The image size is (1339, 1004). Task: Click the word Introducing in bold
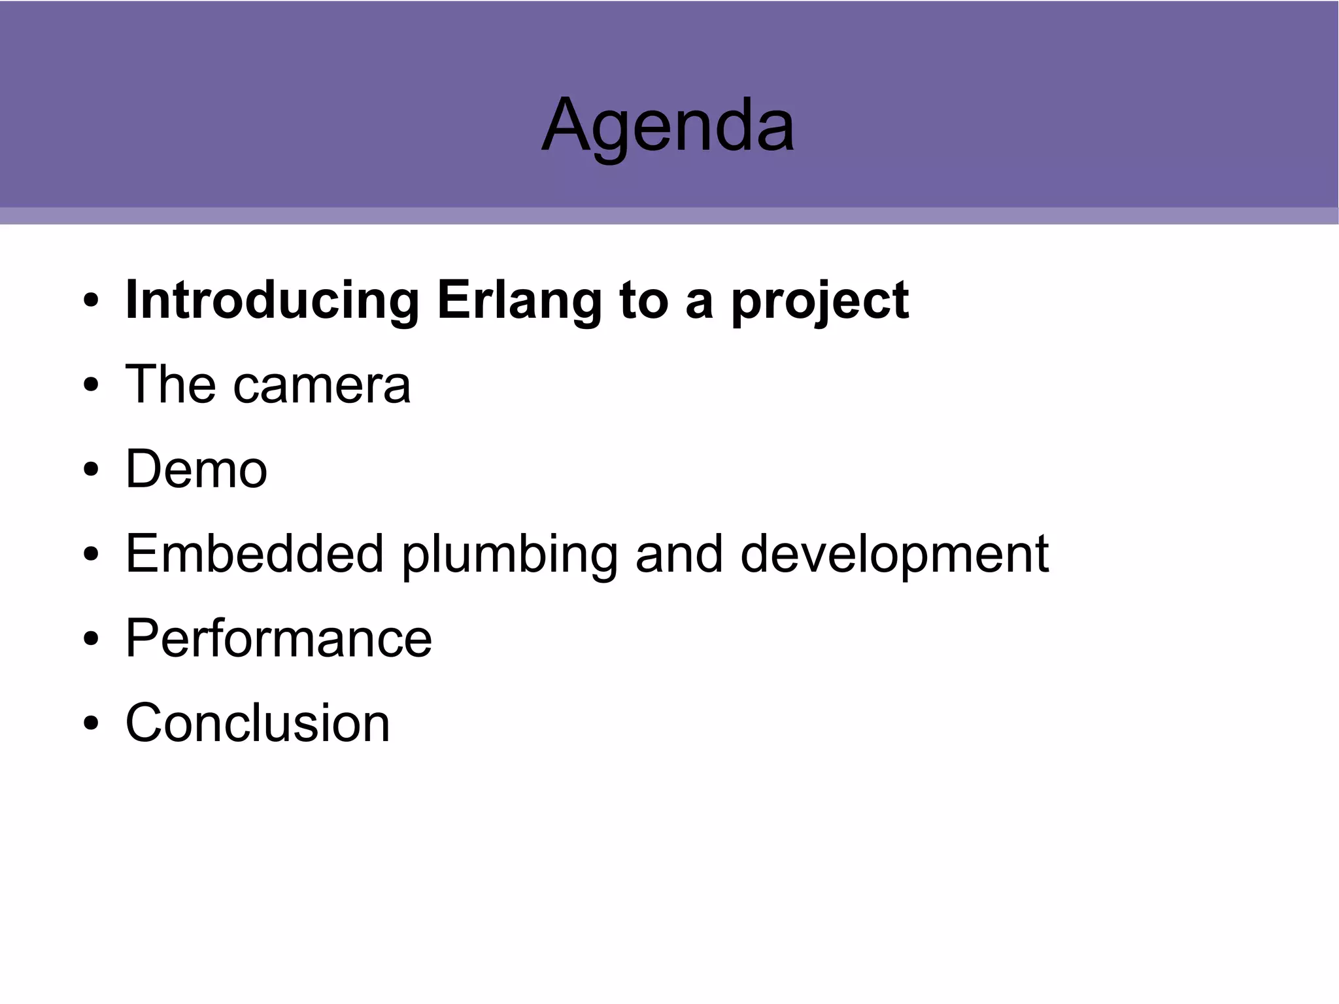272,300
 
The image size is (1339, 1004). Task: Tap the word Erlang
519,302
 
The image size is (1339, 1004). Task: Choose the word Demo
196,469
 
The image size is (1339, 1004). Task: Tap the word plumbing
509,555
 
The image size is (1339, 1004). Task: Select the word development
894,555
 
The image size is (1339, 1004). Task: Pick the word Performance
279,638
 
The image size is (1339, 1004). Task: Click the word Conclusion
258,723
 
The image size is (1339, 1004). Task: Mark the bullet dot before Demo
91,470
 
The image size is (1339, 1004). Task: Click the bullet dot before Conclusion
91,723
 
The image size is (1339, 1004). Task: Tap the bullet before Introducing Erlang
91,301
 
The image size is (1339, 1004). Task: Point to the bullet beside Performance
91,639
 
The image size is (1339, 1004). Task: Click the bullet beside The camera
91,385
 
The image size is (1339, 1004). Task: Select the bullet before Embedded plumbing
91,555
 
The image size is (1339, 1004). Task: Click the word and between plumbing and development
679,554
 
